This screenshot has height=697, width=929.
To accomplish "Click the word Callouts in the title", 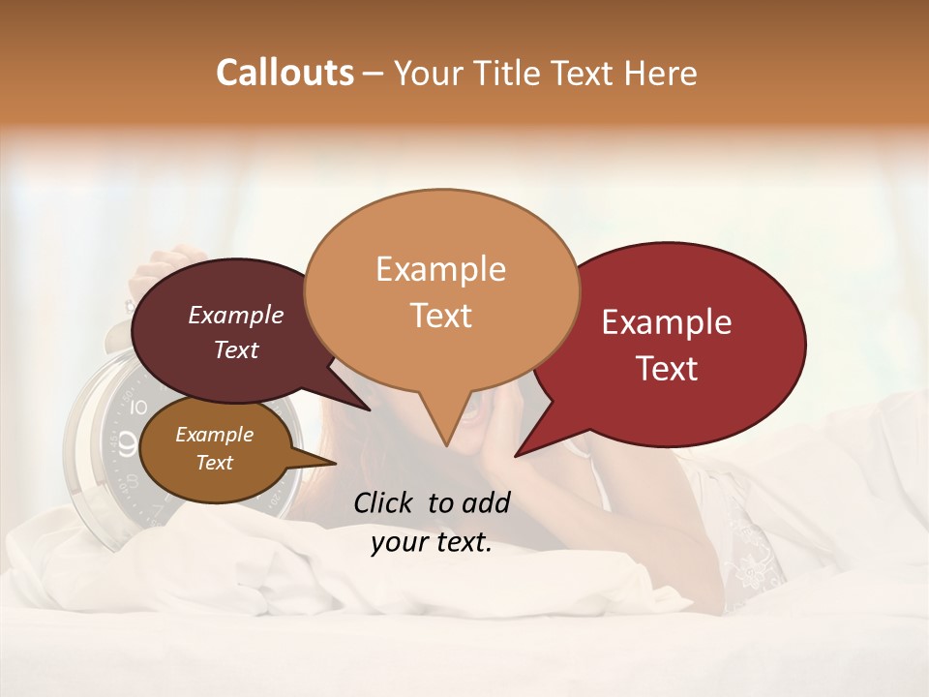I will (285, 73).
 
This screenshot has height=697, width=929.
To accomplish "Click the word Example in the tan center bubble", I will (440, 269).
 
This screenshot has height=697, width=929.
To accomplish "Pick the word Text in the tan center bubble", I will (440, 316).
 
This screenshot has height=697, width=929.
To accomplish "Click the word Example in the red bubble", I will (667, 322).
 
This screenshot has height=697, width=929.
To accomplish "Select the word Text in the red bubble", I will (668, 369).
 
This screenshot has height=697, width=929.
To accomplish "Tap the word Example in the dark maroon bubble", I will (236, 316).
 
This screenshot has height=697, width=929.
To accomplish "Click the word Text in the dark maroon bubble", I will (236, 349).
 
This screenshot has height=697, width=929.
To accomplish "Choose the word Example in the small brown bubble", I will (214, 435).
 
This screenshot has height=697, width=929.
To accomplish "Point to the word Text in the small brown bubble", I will (214, 463).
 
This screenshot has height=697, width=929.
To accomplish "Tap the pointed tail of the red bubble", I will (523, 449).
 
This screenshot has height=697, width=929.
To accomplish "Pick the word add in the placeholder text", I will (486, 502).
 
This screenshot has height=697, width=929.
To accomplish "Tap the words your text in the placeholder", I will (432, 543).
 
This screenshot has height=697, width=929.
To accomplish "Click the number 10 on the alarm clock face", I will (138, 407).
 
